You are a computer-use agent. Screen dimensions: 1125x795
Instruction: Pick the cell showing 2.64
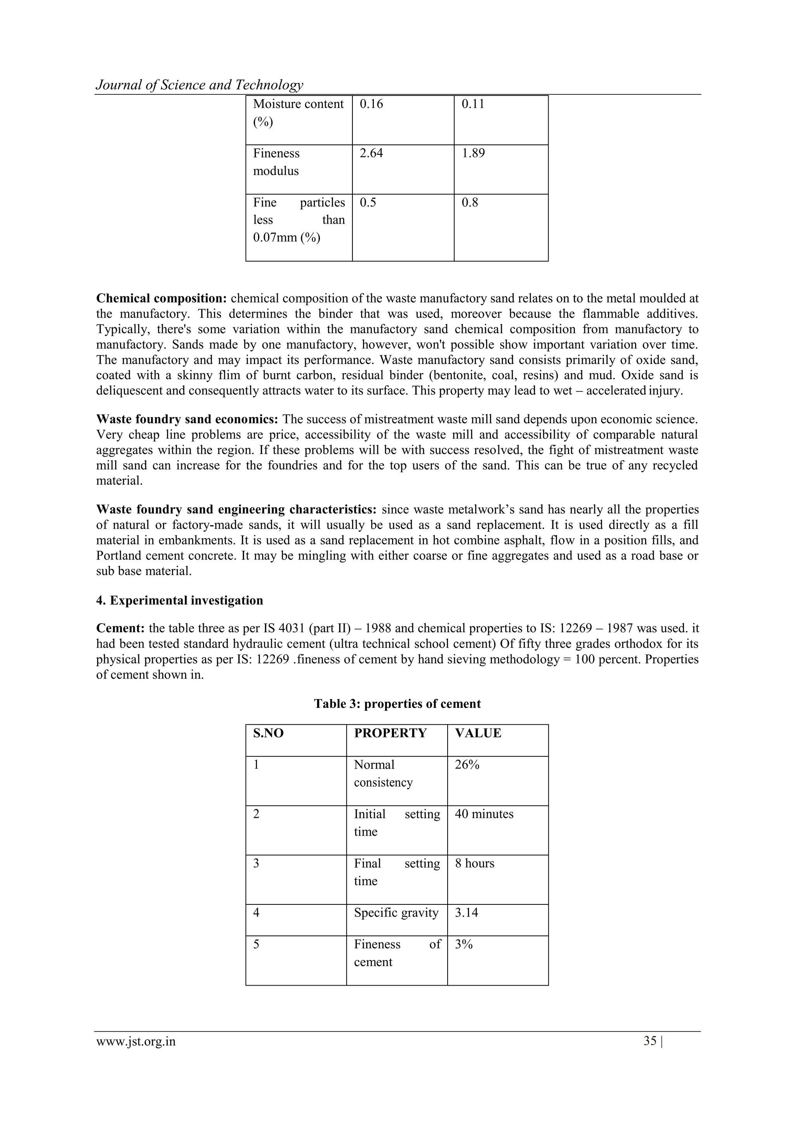[x=371, y=153]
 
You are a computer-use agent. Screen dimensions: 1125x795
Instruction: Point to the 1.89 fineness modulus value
[x=473, y=153]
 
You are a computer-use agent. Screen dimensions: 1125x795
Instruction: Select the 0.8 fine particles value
[x=469, y=203]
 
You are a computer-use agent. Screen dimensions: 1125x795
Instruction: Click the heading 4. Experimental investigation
[x=179, y=601]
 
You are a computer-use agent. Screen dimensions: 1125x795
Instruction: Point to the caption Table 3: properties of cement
[x=397, y=704]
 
